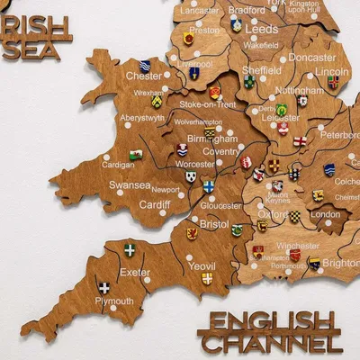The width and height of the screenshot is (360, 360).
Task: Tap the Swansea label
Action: pyautogui.click(x=130, y=184)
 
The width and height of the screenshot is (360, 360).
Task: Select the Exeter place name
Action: pyautogui.click(x=134, y=271)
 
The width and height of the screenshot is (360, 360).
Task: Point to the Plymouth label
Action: pyautogui.click(x=114, y=301)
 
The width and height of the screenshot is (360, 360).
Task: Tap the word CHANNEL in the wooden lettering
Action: pyautogui.click(x=270, y=343)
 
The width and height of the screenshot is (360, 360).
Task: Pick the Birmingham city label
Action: pyautogui.click(x=212, y=139)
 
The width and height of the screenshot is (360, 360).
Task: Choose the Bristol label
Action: pyautogui.click(x=214, y=223)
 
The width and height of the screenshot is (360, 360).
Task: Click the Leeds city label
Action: pyautogui.click(x=261, y=29)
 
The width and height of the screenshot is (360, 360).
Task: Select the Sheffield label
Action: pyautogui.click(x=262, y=70)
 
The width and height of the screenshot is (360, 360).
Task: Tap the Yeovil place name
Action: pyautogui.click(x=202, y=265)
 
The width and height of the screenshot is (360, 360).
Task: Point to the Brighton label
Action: pyautogui.click(x=339, y=263)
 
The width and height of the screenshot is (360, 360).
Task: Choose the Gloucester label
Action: pyautogui.click(x=220, y=204)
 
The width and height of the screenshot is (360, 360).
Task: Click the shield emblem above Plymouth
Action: pyautogui.click(x=104, y=288)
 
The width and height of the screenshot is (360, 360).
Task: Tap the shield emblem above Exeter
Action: pyautogui.click(x=130, y=249)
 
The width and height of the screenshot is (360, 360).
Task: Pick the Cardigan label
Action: pyautogui.click(x=118, y=165)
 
